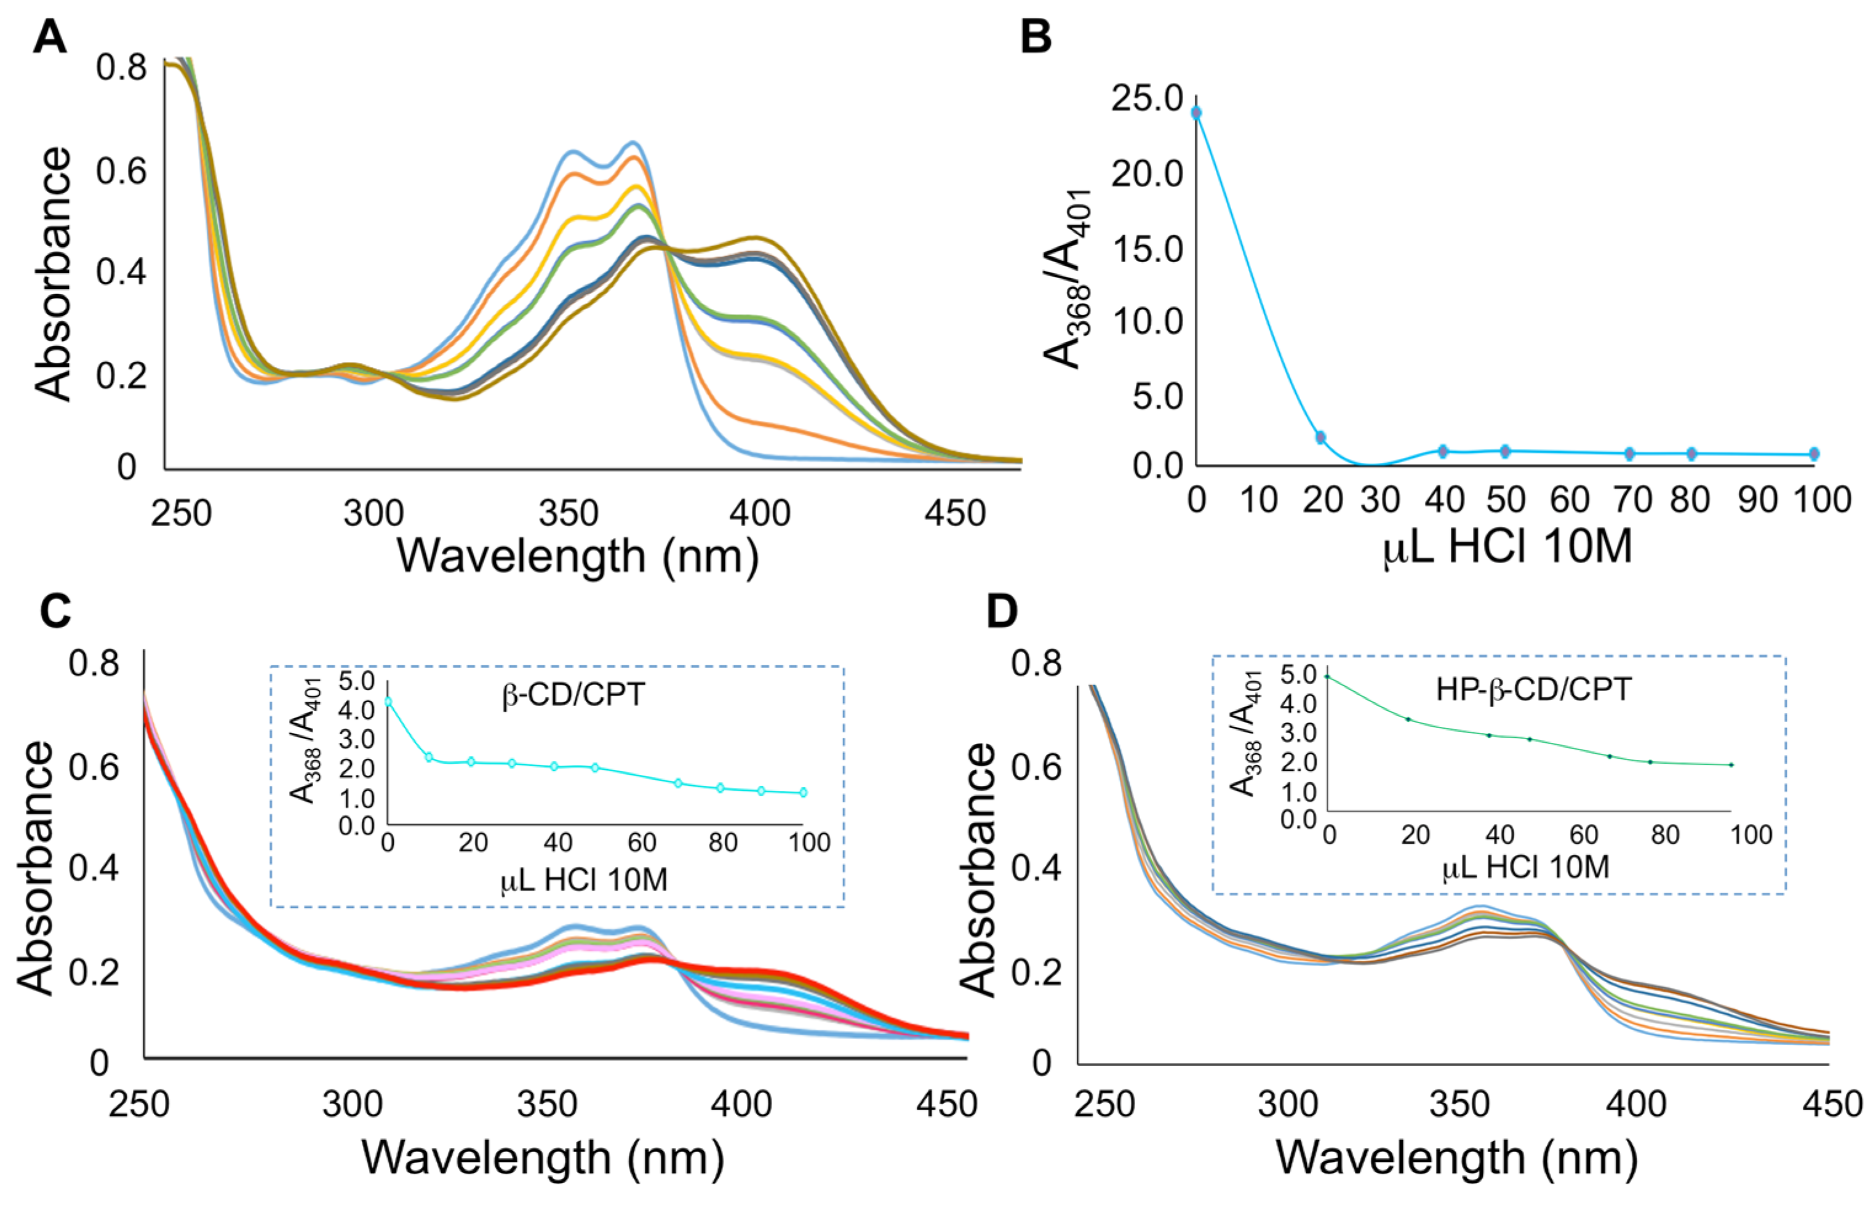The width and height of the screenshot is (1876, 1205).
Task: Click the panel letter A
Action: tap(49, 37)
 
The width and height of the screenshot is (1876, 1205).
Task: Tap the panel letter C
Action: tap(55, 611)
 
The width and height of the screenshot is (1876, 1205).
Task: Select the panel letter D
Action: tap(1002, 611)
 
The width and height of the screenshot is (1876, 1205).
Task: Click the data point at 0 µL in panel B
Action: tap(1196, 113)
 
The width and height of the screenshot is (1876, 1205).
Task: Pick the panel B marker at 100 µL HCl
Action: tap(1814, 454)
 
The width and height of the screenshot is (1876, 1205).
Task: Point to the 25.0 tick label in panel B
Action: tap(1148, 98)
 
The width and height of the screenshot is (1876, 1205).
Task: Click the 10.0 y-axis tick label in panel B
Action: tap(1148, 321)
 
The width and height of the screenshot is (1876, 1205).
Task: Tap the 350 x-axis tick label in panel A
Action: tap(569, 514)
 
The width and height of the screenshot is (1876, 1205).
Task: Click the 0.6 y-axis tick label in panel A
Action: tap(121, 170)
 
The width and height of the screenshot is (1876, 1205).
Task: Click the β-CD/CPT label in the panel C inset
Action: tap(573, 695)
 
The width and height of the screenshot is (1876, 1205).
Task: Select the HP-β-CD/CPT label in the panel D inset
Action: tap(1533, 689)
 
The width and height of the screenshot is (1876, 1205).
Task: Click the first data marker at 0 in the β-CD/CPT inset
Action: tap(388, 702)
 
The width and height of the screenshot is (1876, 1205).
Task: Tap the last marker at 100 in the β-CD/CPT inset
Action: tap(804, 793)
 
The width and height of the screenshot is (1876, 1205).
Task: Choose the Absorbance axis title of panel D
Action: tap(977, 868)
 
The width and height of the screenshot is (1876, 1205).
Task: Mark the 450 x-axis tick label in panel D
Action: tap(1832, 1105)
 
